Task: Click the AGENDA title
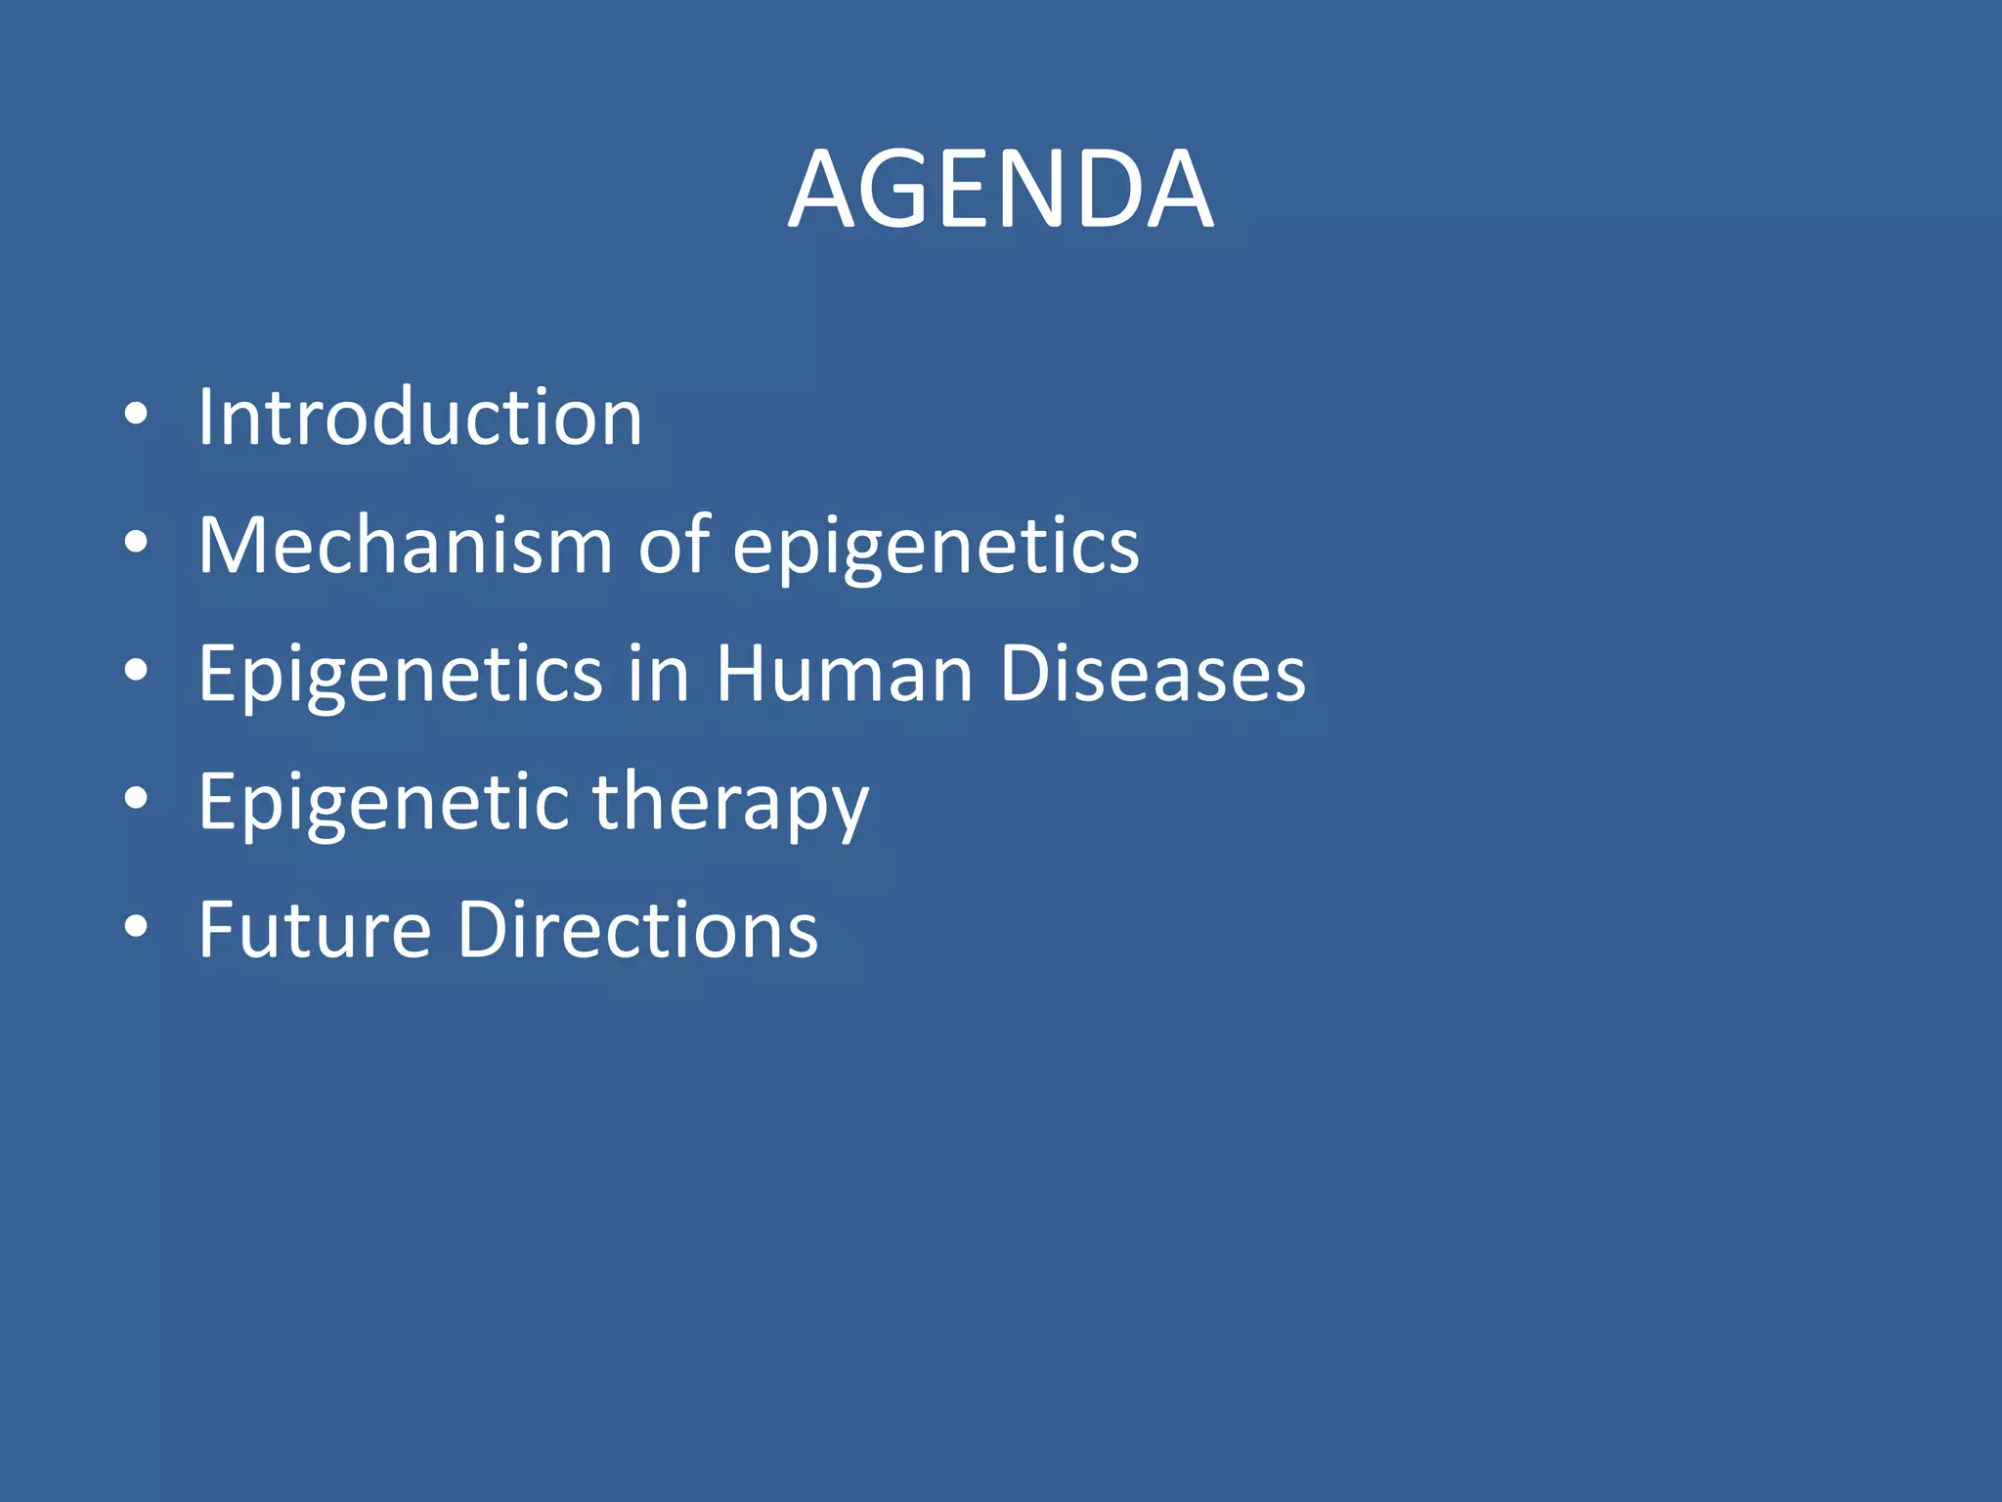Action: [1000, 189]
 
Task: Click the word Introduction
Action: [420, 418]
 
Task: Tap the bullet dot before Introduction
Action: [136, 414]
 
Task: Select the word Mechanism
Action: [405, 545]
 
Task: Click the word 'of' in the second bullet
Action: [674, 545]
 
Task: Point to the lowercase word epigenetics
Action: [936, 548]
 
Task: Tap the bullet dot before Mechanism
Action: [136, 542]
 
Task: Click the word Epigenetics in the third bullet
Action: [401, 675]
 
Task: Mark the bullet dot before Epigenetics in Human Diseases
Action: [136, 670]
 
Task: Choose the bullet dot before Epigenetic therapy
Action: [136, 798]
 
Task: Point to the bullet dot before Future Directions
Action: [136, 926]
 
